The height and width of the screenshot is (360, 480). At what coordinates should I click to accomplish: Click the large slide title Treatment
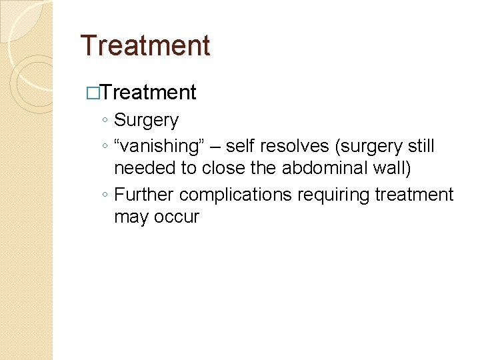coord(145,46)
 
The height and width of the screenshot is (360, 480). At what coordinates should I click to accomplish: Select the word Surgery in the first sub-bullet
coord(146,121)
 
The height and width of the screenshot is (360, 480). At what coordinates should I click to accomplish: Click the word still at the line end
coord(419,145)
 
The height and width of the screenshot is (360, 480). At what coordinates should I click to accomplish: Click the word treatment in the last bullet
coord(415,195)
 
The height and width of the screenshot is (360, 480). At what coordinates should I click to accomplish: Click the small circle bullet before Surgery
coord(105,121)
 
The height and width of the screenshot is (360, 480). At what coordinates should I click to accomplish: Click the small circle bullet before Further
coord(105,195)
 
